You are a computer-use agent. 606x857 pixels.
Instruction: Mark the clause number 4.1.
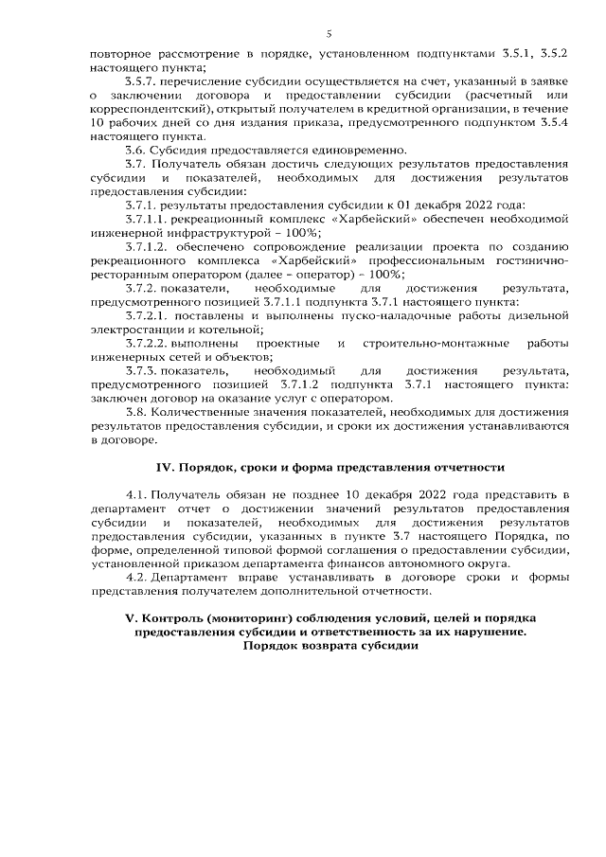coord(136,495)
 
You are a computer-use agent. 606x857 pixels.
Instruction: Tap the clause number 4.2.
coord(136,578)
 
